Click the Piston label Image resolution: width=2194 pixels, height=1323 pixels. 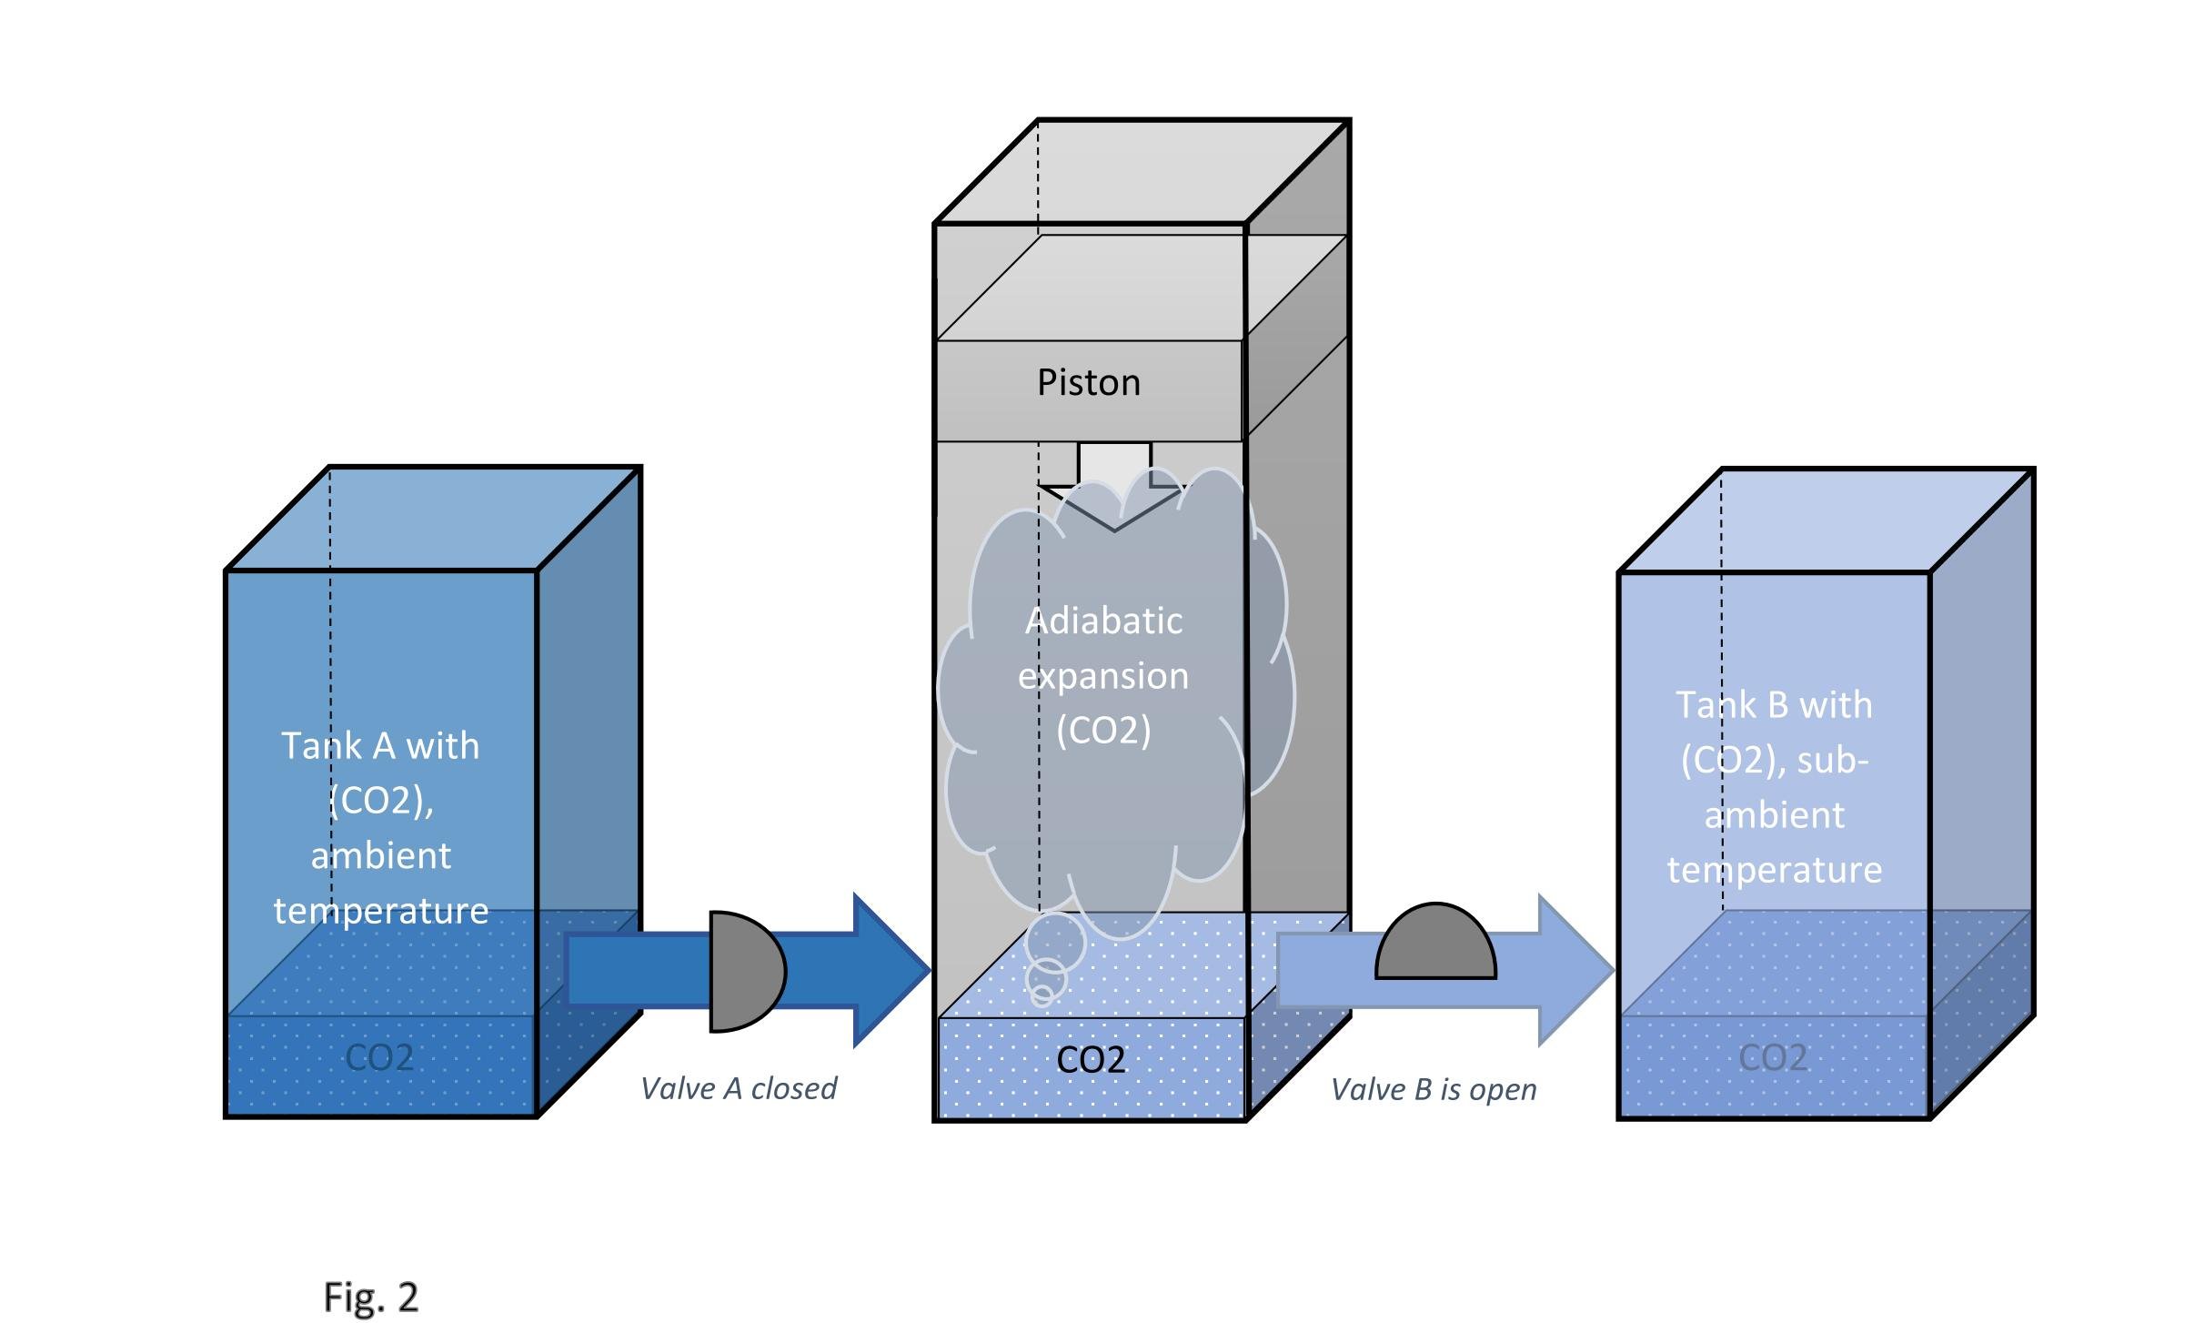1088,383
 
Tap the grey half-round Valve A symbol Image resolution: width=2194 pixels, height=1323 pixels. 745,972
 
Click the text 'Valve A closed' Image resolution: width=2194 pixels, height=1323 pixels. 739,1088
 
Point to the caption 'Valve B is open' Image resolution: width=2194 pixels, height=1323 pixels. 1434,1089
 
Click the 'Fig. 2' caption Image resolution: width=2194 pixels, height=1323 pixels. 371,1297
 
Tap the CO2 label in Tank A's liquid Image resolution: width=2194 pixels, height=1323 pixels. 379,1057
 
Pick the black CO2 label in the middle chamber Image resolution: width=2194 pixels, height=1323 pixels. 1091,1059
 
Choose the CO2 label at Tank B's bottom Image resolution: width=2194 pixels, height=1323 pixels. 1773,1057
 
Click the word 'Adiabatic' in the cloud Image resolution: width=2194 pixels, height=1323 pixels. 1103,621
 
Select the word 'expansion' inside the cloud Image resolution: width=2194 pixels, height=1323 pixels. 1102,676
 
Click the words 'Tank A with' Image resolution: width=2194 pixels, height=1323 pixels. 380,746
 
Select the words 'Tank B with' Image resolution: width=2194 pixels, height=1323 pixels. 1774,705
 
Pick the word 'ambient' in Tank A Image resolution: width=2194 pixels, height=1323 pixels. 381,856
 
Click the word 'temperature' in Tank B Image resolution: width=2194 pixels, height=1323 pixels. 1775,870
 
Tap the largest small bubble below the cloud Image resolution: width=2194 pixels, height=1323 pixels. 1055,943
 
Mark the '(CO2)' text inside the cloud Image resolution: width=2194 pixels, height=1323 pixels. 1103,731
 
